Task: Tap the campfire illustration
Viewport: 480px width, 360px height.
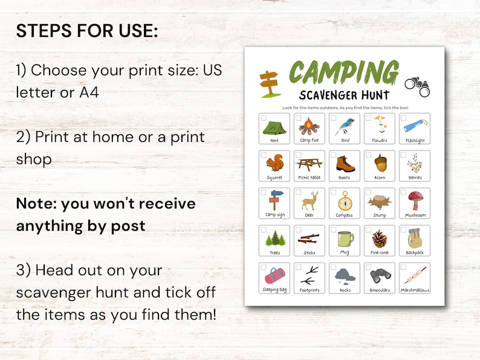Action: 309,127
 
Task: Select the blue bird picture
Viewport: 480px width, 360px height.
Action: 345,126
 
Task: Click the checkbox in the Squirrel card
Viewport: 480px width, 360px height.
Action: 264,155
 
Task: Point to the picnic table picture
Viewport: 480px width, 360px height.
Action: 309,164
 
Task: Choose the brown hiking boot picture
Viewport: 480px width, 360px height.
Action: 345,164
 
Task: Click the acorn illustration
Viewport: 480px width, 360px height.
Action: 380,164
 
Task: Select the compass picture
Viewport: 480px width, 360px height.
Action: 345,201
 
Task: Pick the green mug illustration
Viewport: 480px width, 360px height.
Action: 345,238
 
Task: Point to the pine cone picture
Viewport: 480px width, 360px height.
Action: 380,238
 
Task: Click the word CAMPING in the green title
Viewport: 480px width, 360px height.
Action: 343,72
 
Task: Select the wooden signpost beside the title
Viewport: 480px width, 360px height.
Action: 267,83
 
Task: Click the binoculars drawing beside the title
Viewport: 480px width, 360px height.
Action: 417,86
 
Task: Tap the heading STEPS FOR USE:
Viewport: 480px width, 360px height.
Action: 87,31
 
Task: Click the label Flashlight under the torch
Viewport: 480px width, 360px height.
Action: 415,141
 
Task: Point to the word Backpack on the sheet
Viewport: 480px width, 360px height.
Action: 415,252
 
